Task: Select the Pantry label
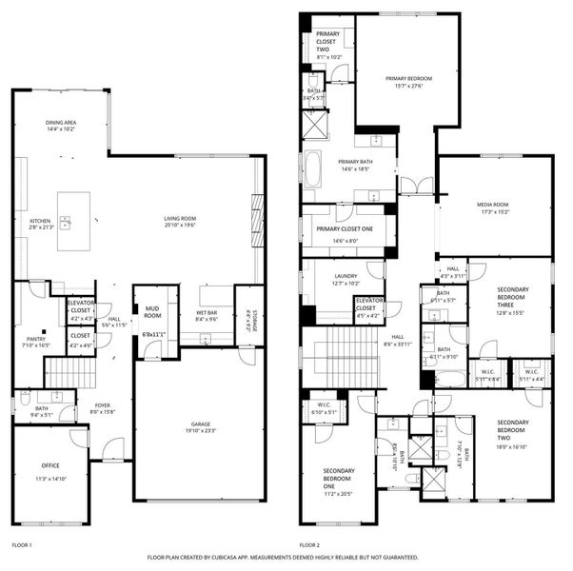35,341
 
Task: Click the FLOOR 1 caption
22,545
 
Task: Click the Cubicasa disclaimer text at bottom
282,557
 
